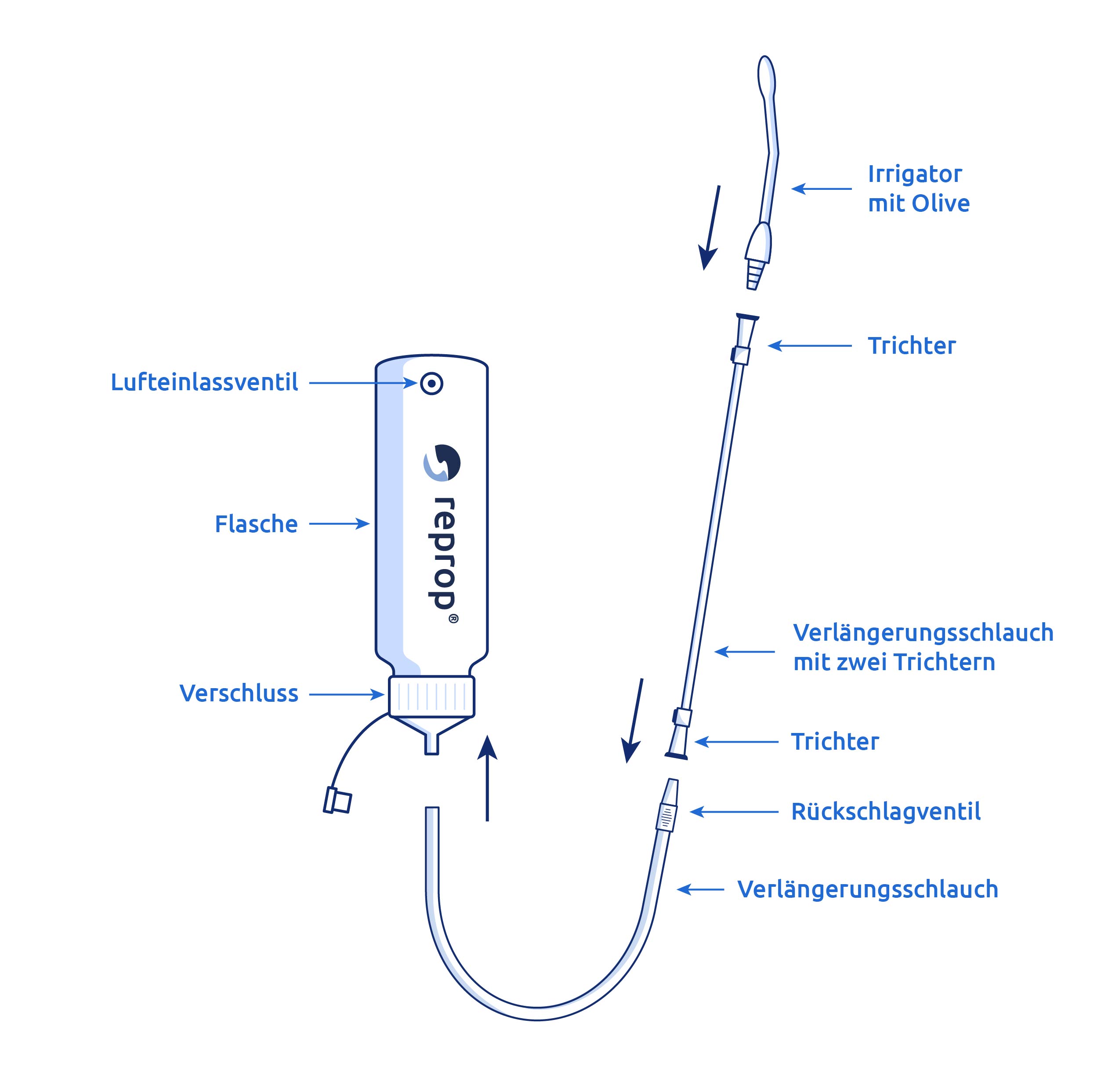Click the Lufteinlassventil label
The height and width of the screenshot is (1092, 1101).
click(204, 382)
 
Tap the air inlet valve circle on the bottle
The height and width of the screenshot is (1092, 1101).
click(431, 384)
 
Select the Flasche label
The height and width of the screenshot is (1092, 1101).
click(256, 524)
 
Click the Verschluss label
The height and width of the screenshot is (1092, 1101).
click(239, 693)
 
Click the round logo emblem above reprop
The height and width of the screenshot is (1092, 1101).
click(442, 463)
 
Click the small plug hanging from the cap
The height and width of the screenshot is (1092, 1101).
click(337, 800)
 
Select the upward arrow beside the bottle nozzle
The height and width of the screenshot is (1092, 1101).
click(487, 777)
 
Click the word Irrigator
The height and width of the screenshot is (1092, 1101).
click(915, 174)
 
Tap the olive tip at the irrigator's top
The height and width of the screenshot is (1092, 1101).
click(767, 76)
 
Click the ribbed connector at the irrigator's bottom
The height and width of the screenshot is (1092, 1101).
click(754, 274)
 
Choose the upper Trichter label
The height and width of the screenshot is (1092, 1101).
click(911, 346)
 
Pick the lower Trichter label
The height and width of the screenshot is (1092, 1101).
click(835, 741)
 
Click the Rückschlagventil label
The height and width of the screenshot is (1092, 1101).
click(886, 812)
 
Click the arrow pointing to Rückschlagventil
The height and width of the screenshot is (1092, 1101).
click(734, 812)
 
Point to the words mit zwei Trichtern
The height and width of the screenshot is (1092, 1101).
click(894, 662)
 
